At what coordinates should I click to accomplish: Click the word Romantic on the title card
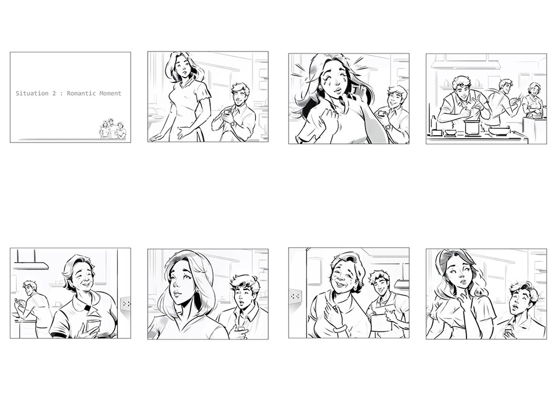pos(81,93)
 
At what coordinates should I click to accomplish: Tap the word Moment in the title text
pos(110,93)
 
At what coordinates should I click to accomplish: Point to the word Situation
pos(32,93)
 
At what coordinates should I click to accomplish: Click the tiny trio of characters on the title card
pos(113,129)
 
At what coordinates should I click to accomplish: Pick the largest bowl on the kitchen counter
pos(499,130)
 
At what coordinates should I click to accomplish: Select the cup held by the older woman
pos(93,326)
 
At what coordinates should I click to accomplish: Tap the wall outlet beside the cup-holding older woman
pos(126,303)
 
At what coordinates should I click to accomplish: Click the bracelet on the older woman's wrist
pos(339,328)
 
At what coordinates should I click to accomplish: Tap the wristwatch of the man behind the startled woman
pos(388,126)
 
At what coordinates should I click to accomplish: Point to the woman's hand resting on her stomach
pos(186,133)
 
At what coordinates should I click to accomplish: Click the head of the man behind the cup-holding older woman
pos(30,288)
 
